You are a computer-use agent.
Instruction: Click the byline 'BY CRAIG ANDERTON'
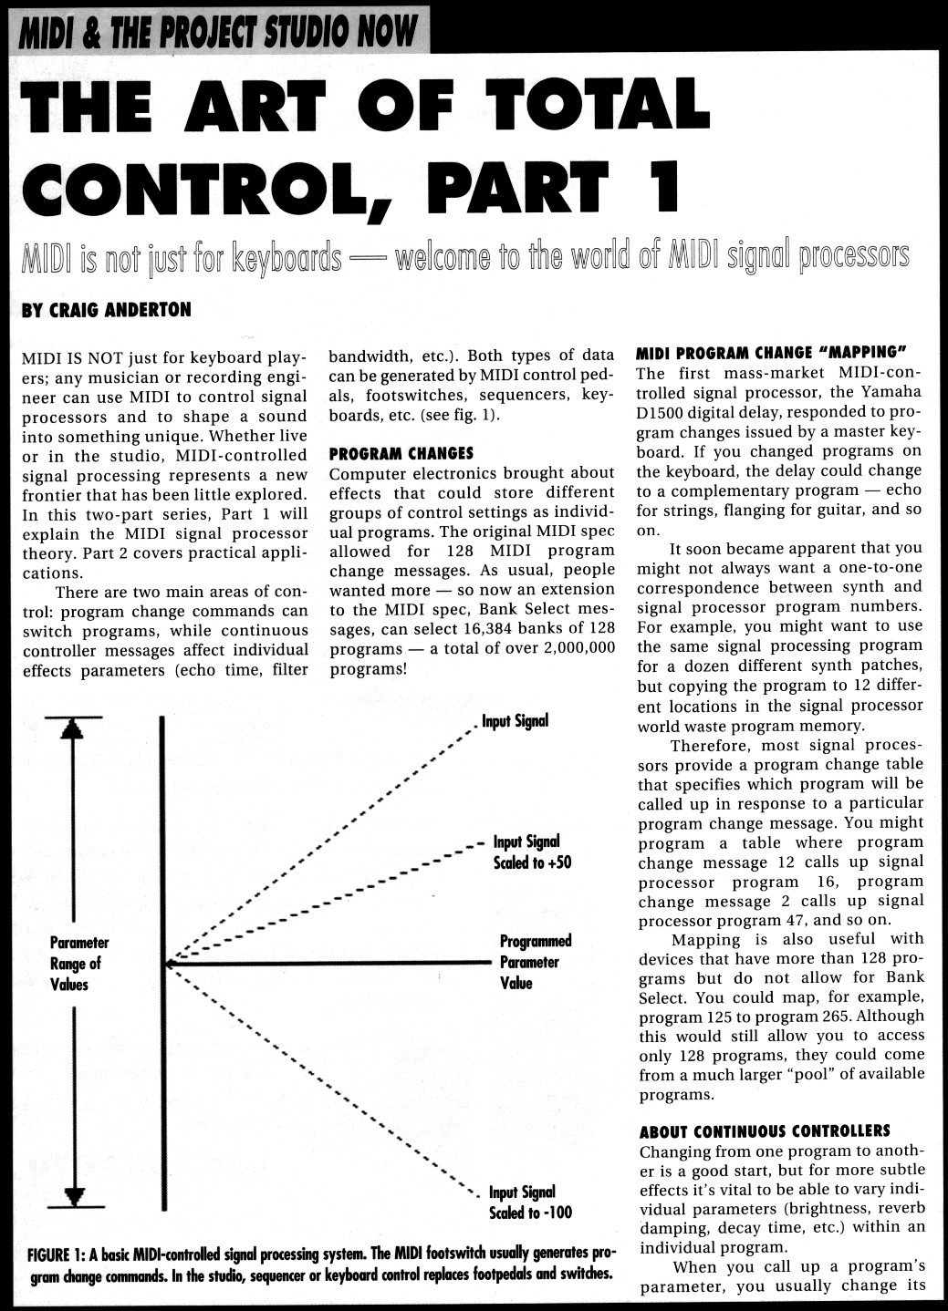pyautogui.click(x=106, y=310)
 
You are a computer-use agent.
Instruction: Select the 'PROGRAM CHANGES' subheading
pyautogui.click(x=401, y=453)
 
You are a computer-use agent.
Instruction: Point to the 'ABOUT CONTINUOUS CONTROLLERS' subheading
pyautogui.click(x=764, y=1131)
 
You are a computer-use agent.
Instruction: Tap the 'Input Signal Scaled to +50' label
pyautogui.click(x=531, y=852)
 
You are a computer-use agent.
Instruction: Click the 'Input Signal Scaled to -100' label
pyautogui.click(x=529, y=1203)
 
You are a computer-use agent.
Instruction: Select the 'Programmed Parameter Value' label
pyautogui.click(x=535, y=962)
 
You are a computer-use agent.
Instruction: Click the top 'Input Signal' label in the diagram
pyautogui.click(x=516, y=721)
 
